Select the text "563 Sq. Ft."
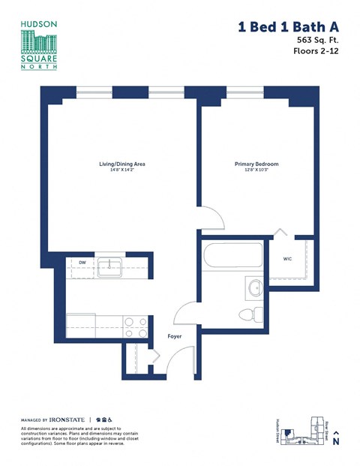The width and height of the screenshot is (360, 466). coord(316,41)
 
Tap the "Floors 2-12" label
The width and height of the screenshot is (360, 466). coord(316,52)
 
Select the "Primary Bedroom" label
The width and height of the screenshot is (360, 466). coord(256,164)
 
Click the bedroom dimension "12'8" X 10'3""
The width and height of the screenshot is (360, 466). coord(256,170)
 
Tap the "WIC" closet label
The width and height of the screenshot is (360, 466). coord(288,260)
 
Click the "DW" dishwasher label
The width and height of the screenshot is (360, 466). coord(80,263)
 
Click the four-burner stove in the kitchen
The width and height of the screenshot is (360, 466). coord(135,327)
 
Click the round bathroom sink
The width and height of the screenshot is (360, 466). coord(253,287)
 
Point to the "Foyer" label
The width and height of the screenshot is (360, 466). coord(174,336)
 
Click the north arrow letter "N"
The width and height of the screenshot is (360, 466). coord(337,442)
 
